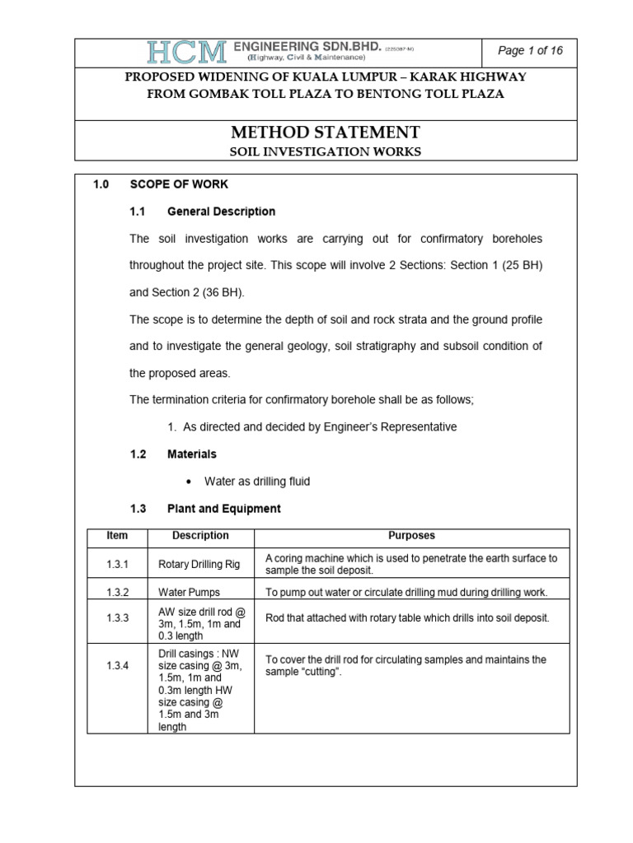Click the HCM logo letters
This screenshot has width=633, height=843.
(x=187, y=53)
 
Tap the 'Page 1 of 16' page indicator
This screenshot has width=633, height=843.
(x=530, y=51)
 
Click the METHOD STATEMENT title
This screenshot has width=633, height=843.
(x=325, y=132)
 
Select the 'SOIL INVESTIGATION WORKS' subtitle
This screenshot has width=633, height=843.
(x=325, y=151)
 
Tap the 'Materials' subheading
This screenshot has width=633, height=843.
(x=192, y=454)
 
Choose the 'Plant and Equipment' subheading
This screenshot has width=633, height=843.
(x=223, y=509)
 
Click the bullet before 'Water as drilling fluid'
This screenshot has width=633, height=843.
(x=190, y=482)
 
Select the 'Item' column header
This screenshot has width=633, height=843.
(x=117, y=536)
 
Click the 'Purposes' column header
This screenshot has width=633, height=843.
(x=411, y=536)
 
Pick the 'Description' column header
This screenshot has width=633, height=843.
(x=200, y=536)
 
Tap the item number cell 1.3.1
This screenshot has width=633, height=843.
(x=118, y=565)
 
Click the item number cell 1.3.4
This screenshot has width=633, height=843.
(x=118, y=666)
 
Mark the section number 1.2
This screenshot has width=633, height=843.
(x=138, y=454)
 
